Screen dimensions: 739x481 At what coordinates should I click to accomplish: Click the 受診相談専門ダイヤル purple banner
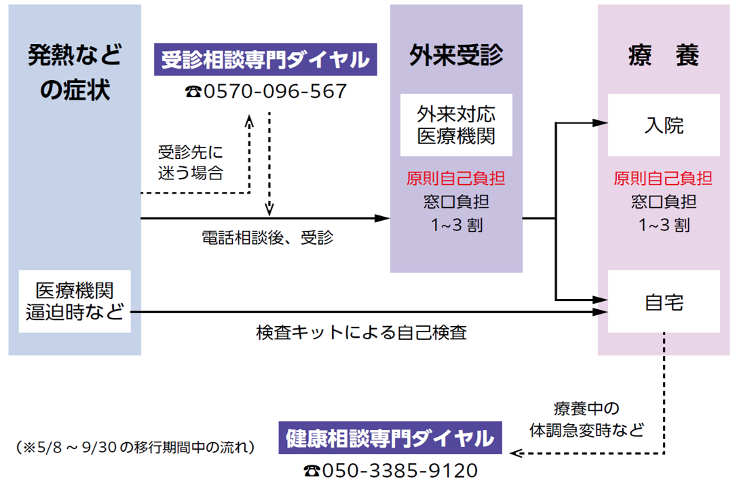coord(265,60)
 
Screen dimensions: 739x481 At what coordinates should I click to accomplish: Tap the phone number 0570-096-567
coord(276,91)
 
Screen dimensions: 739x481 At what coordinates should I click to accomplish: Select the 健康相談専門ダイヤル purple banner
coord(390,438)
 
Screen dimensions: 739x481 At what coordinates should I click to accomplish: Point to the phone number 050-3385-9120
coord(400,470)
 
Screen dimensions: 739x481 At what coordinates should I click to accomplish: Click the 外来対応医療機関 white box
coord(456,125)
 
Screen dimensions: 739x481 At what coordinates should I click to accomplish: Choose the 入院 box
coord(664,125)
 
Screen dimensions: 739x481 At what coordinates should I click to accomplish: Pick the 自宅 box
coord(664,301)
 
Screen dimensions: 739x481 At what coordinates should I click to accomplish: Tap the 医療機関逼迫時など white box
coord(75,301)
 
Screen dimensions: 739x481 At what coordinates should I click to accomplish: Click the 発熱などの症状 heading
coord(75,72)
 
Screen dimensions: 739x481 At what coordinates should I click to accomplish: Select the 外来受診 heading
coord(456,55)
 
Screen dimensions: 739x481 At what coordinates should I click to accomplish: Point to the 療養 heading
coord(664,55)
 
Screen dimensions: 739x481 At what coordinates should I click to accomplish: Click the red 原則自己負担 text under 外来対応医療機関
coord(456,179)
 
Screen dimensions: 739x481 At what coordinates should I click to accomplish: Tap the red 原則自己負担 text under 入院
coord(663,179)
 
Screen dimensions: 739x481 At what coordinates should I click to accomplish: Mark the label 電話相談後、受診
coord(267,237)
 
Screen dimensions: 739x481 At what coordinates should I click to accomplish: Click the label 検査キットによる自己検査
coord(362,332)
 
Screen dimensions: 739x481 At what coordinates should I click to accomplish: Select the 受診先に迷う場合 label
coord(191,162)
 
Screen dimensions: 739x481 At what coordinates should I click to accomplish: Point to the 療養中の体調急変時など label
coord(587,419)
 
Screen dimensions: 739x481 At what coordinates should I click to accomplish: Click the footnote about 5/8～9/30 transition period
coord(136,447)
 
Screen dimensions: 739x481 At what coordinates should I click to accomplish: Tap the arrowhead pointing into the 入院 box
coord(601,123)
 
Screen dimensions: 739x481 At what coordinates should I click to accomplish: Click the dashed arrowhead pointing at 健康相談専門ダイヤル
coord(516,453)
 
